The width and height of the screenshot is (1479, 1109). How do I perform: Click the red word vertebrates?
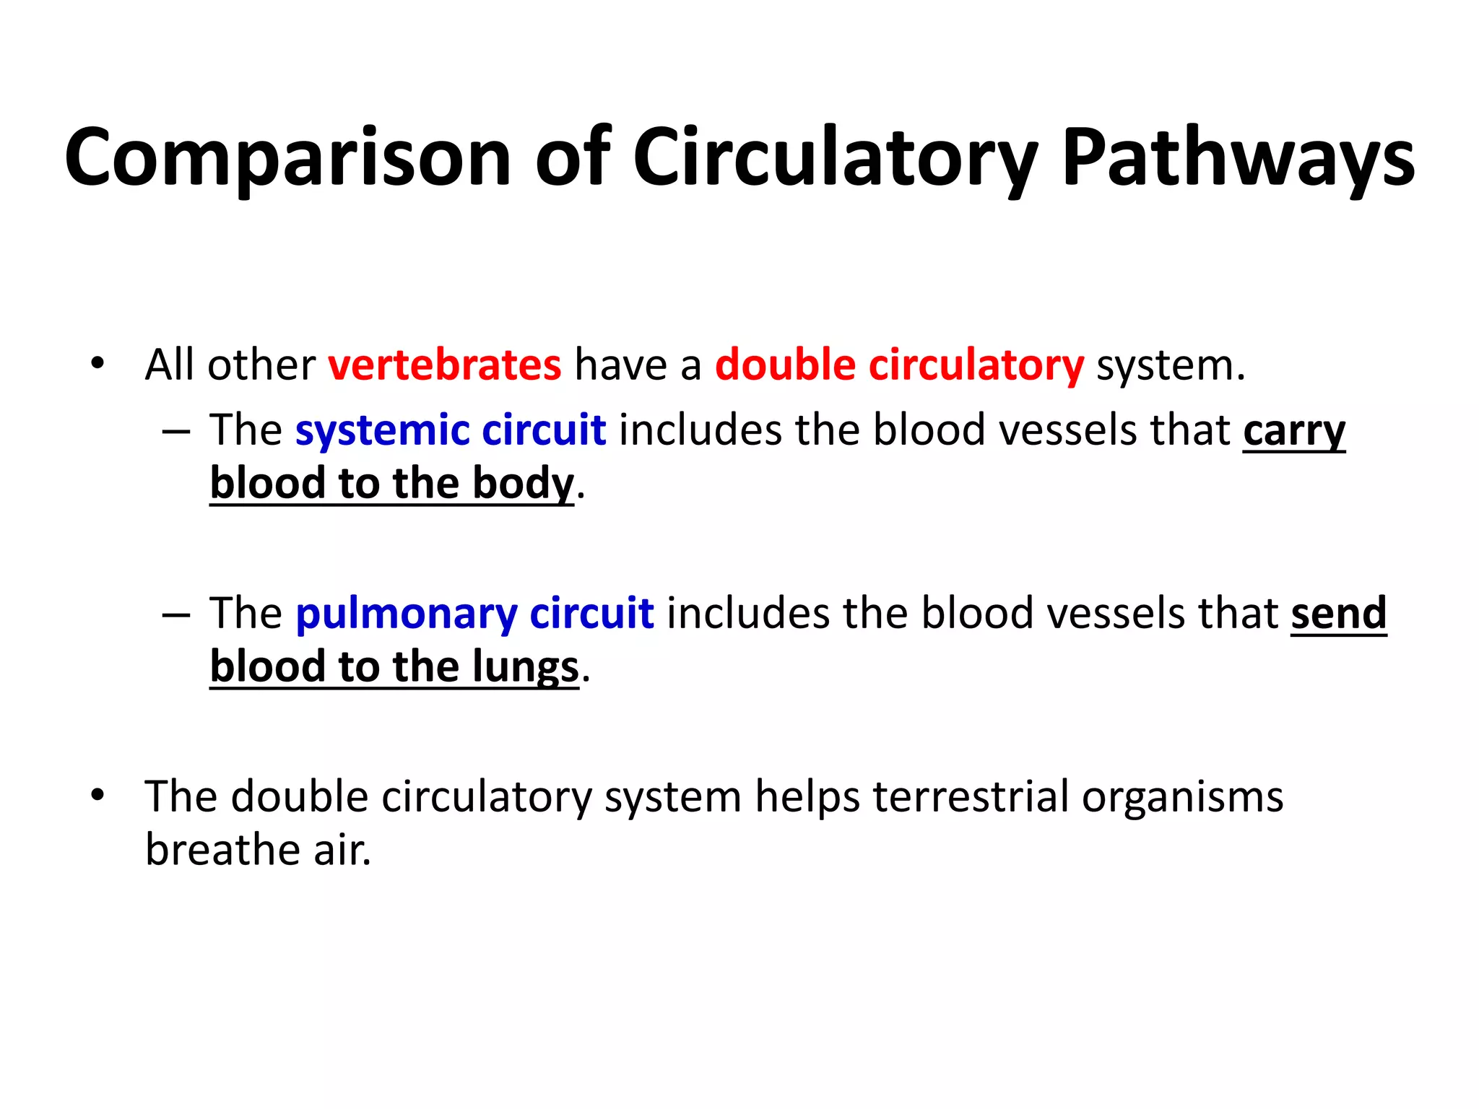(444, 365)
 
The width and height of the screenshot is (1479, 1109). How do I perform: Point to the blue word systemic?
(382, 430)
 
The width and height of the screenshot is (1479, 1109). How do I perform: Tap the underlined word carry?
(1294, 432)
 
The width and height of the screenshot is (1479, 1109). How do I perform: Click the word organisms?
(1182, 797)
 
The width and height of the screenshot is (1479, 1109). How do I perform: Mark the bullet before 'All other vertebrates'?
(97, 363)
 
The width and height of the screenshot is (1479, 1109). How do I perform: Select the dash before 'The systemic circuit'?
(176, 432)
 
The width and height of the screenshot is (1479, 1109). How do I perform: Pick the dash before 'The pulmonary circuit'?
(176, 615)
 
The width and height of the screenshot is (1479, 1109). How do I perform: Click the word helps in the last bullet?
(807, 797)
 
